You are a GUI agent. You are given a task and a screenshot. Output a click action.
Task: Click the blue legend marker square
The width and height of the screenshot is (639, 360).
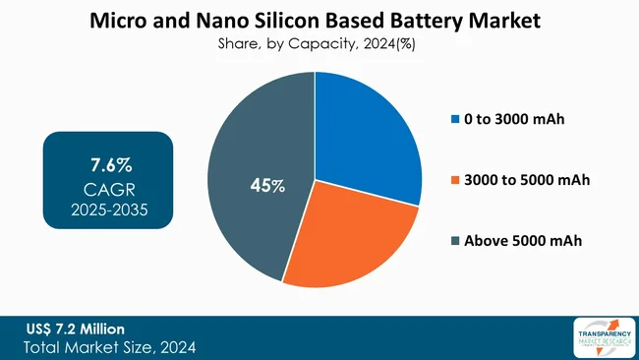tap(454, 120)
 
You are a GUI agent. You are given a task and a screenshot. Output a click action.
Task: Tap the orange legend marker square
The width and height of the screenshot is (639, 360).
tap(454, 180)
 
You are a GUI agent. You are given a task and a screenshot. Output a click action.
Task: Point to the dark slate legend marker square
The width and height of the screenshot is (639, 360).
tap(454, 241)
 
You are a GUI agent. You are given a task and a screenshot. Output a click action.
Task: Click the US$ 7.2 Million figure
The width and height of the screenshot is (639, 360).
tap(76, 327)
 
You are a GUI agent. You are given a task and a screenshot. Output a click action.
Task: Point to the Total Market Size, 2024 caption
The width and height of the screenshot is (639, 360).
tap(107, 346)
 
